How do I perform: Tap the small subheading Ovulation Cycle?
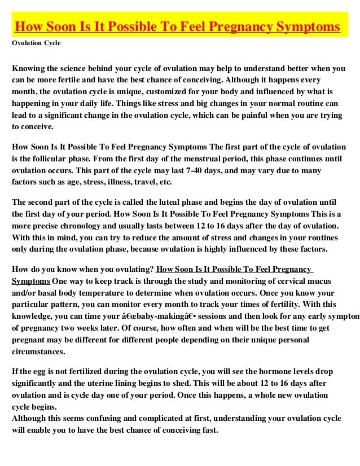point(36,43)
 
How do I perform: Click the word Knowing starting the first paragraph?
point(29,69)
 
